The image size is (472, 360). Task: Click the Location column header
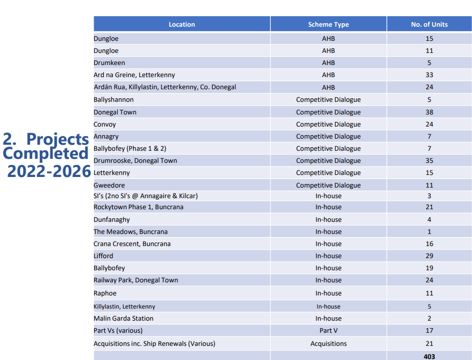click(x=181, y=24)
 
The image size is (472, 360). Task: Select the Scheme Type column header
click(x=328, y=24)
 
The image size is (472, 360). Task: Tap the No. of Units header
click(x=429, y=24)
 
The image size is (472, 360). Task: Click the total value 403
click(x=429, y=356)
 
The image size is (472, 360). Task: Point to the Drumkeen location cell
click(x=109, y=63)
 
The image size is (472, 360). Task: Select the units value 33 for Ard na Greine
click(x=429, y=75)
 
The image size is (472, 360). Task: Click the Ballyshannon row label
click(x=113, y=100)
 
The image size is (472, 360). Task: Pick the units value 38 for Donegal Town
click(x=429, y=112)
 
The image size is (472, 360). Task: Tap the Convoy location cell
click(x=105, y=125)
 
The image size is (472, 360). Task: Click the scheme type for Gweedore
click(x=328, y=186)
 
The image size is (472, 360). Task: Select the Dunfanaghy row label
click(x=112, y=220)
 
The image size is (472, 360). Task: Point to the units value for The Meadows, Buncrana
click(x=429, y=232)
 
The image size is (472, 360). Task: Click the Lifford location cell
click(x=103, y=256)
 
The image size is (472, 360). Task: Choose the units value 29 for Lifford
click(x=429, y=256)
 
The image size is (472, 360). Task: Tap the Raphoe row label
click(x=105, y=293)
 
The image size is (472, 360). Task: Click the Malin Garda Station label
click(x=123, y=319)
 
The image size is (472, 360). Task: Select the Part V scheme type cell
click(x=328, y=331)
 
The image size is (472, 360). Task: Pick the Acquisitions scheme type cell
click(x=328, y=344)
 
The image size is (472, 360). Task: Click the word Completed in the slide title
click(x=45, y=153)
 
